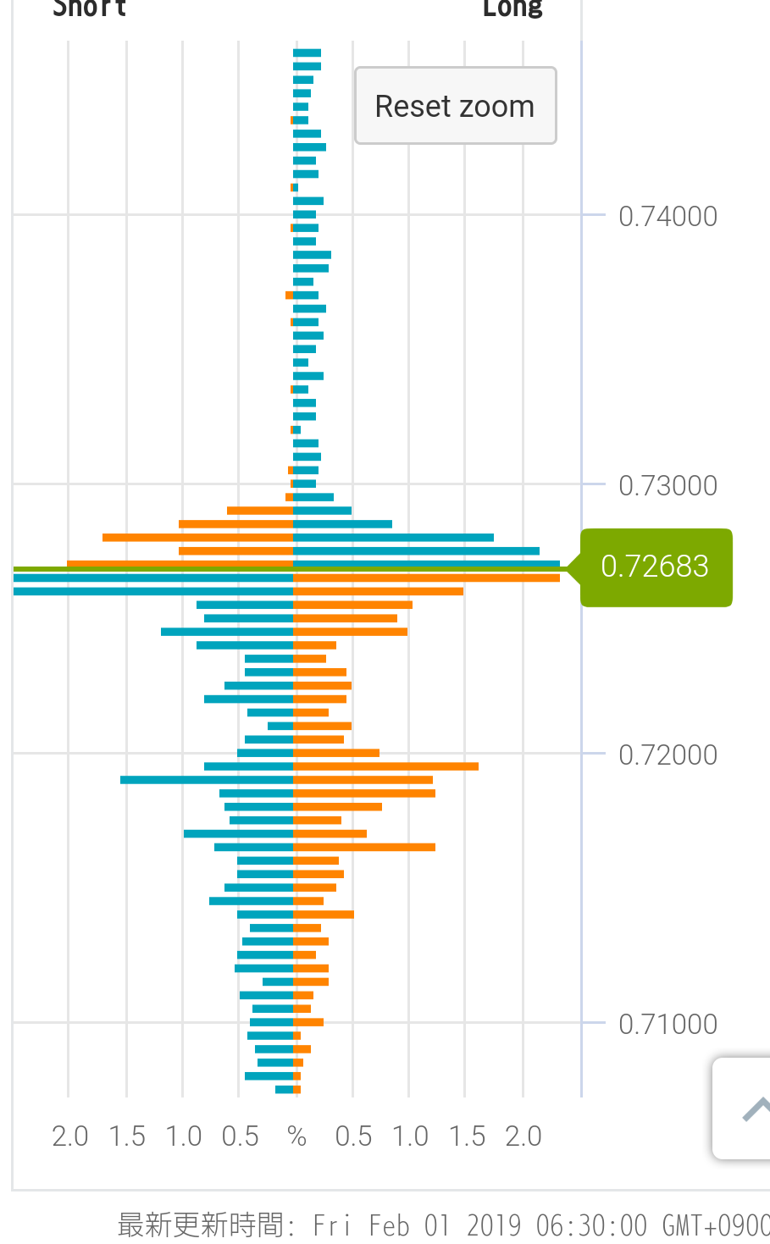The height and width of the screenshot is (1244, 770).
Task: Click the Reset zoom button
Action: pos(455,106)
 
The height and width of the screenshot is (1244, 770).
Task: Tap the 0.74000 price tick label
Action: pos(668,217)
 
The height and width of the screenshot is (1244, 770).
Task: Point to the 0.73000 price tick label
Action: pos(668,486)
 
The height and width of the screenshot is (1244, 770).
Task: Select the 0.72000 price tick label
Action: pos(668,755)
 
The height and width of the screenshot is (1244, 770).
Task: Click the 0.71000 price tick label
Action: pos(668,1025)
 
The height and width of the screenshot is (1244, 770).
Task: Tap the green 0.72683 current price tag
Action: pos(655,567)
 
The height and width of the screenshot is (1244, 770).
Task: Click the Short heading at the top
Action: pos(90,8)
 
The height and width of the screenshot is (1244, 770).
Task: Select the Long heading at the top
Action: pos(512,8)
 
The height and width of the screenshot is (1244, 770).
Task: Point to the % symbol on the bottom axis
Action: pos(296,1136)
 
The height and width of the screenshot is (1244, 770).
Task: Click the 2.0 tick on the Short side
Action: pos(69,1136)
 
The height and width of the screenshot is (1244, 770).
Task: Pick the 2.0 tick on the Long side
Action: pos(523,1136)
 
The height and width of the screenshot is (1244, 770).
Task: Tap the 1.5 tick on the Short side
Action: pos(127,1136)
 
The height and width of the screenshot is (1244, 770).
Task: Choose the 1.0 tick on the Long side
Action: pos(410,1136)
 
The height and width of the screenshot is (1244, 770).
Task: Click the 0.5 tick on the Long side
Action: pos(353,1136)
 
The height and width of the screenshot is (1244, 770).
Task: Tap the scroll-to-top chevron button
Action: pos(753,1108)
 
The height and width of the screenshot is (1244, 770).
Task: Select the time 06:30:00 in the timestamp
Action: pos(591,1225)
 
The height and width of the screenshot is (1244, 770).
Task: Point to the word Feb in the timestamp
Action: pos(389,1225)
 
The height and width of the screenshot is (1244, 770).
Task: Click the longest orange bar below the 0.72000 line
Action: pos(385,766)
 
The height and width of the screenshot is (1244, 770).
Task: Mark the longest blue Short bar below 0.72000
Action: pos(207,780)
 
